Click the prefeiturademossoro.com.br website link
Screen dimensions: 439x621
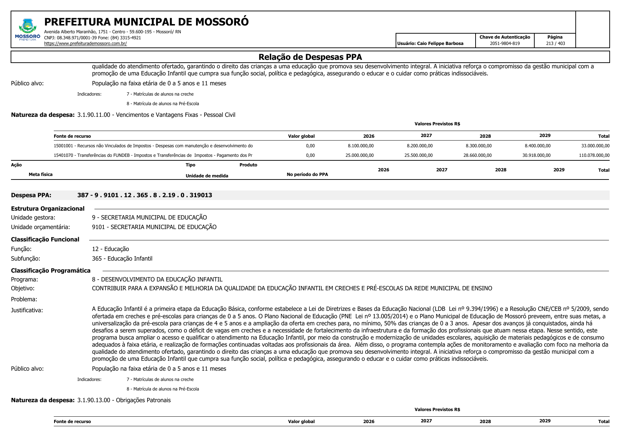click(x=85, y=44)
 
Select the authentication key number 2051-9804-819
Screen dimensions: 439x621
click(x=505, y=44)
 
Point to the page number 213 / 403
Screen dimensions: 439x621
click(x=555, y=44)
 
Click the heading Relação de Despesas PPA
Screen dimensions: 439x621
click(x=310, y=57)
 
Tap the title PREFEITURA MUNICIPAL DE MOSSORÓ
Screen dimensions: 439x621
click(x=146, y=22)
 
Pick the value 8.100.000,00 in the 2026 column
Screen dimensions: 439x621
click(x=361, y=146)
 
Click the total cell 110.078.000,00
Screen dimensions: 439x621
click(x=594, y=155)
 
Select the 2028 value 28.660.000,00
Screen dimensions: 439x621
click(x=477, y=155)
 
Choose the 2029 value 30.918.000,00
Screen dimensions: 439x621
click(x=536, y=155)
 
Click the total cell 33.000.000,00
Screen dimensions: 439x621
click(x=595, y=146)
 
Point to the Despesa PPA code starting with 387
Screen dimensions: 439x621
click(x=145, y=195)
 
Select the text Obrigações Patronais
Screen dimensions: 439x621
click(x=143, y=400)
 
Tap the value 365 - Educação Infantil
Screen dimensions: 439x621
click(x=122, y=258)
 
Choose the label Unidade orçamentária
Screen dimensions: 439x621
click(x=40, y=227)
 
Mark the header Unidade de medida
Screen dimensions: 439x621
click(x=207, y=176)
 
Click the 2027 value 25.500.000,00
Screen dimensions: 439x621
click(x=418, y=155)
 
